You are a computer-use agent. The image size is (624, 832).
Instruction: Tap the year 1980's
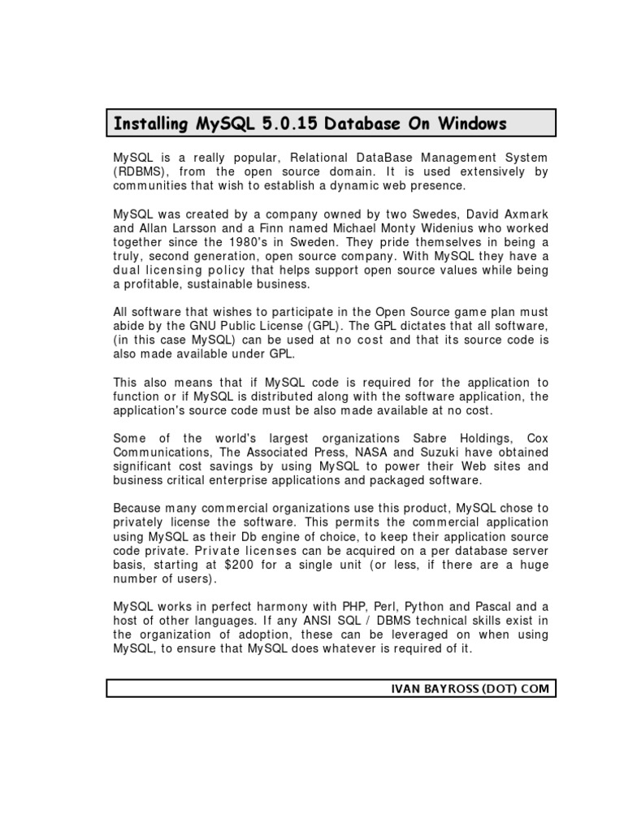pyautogui.click(x=266, y=242)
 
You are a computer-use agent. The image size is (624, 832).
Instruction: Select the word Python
pyautogui.click(x=426, y=607)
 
